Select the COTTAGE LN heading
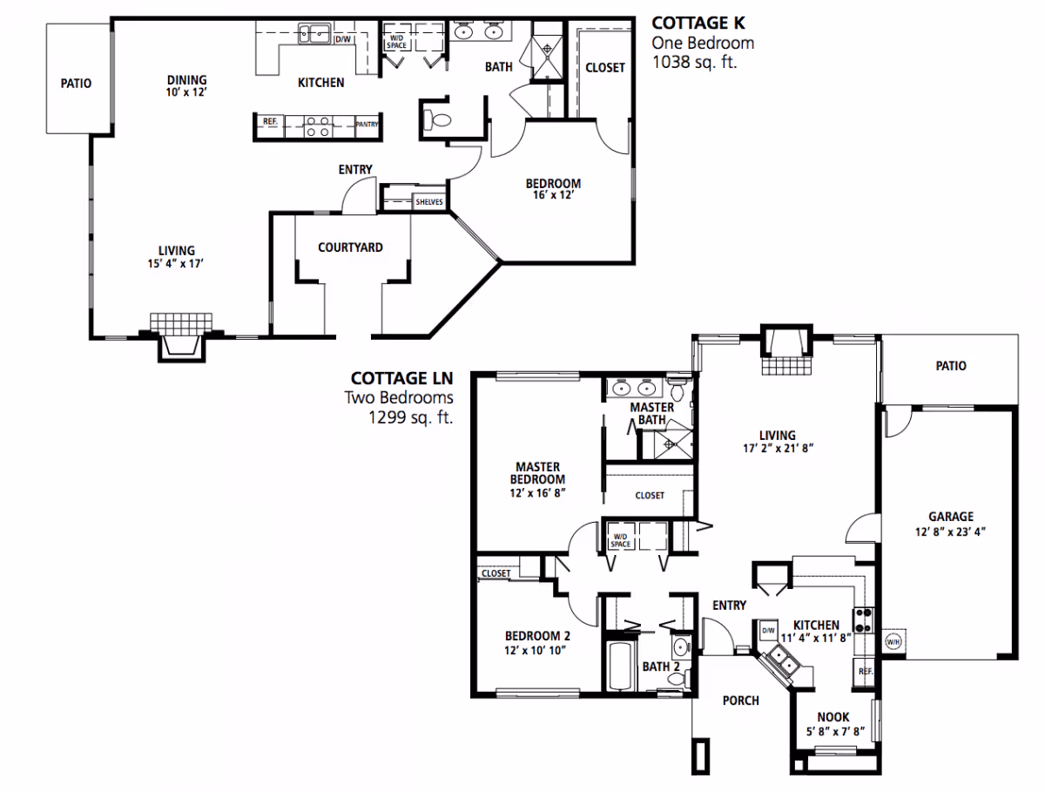(x=402, y=378)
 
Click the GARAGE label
(x=950, y=517)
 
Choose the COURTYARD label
(x=350, y=247)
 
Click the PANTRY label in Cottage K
(x=367, y=125)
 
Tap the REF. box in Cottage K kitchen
(x=269, y=122)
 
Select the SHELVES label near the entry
(x=428, y=202)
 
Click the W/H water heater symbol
(x=893, y=642)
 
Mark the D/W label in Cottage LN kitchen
(x=768, y=630)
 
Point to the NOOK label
(x=833, y=717)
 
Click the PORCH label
(x=741, y=701)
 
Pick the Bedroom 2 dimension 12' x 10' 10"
(x=536, y=649)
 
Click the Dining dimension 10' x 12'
(x=186, y=91)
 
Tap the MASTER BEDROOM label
(x=536, y=473)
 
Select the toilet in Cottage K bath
(x=436, y=120)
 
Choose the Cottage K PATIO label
(x=76, y=85)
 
